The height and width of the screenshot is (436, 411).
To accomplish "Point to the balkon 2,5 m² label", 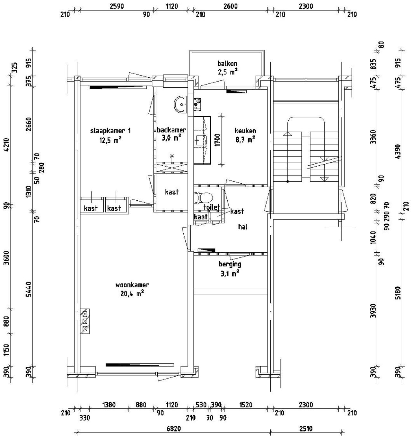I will (x=227, y=67).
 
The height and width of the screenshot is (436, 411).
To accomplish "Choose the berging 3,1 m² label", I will (x=230, y=268).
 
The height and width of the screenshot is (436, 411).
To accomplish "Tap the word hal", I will (x=242, y=227).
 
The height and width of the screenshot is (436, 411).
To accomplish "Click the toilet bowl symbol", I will (x=204, y=197).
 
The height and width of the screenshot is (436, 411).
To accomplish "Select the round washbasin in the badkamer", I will (x=180, y=104).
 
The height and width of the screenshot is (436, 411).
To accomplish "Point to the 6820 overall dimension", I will (x=173, y=429).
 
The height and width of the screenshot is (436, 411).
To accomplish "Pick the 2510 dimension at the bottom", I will (x=305, y=429).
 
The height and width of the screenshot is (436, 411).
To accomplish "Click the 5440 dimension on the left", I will (x=28, y=290).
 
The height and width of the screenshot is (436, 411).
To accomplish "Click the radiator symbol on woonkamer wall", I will (x=85, y=321).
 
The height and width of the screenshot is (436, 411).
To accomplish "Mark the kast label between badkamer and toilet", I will (x=171, y=192).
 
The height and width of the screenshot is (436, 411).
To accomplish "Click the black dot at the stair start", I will (x=287, y=182).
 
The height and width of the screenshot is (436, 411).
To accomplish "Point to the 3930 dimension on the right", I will (x=373, y=311).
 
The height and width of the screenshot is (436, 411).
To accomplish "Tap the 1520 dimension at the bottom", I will (x=246, y=405).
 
